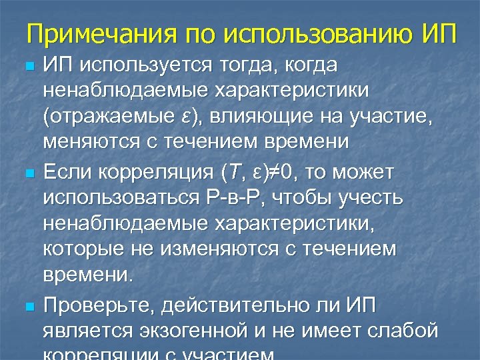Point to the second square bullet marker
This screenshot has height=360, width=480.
27,175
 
